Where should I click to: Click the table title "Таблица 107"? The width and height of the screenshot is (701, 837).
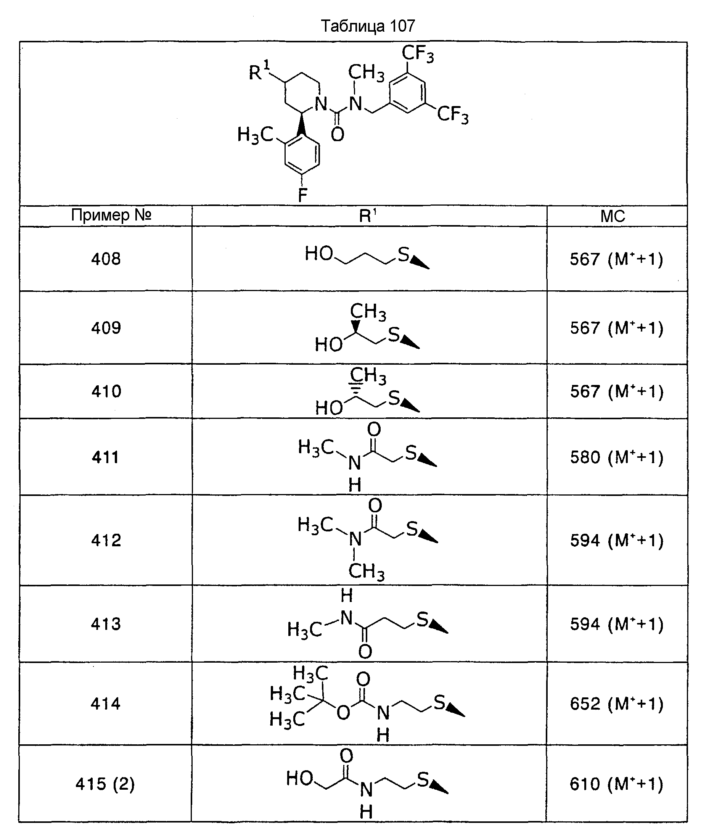pos(368,26)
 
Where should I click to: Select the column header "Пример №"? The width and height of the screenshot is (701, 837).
pos(111,215)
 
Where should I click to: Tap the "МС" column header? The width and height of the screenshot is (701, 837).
pos(613,216)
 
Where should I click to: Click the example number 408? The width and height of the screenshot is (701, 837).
pos(106,259)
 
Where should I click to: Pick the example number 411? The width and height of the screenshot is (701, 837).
pos(106,457)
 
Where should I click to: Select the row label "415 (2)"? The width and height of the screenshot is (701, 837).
pos(105,784)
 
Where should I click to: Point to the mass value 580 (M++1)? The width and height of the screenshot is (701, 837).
pos(616,457)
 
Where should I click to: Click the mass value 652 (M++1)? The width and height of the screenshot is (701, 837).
pos(616,703)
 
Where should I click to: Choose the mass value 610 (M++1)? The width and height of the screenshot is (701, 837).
pos(616,784)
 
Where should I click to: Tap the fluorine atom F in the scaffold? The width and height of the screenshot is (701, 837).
pos(303,195)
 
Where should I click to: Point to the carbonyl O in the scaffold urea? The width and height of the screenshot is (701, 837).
pos(338,135)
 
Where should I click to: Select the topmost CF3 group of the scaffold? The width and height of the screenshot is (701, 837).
pos(418,53)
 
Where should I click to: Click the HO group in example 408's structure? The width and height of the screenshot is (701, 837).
pos(319,253)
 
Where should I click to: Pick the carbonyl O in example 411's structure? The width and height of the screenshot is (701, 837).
pos(374,430)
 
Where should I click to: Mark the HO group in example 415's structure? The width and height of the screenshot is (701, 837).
pos(300,778)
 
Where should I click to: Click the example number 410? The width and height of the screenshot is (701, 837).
pos(106,391)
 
